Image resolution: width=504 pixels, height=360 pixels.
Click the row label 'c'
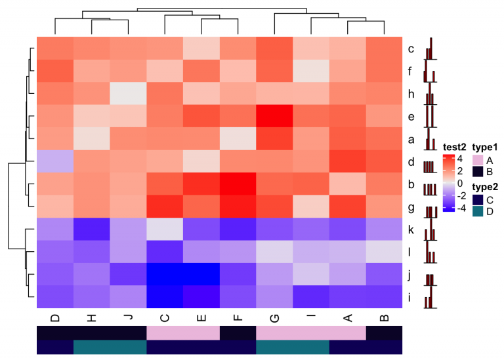(410, 49)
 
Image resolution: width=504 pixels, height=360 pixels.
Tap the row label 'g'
(410, 207)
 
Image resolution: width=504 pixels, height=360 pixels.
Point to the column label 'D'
(54, 318)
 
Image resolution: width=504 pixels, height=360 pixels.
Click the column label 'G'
(274, 318)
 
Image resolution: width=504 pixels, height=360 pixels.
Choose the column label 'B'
(383, 318)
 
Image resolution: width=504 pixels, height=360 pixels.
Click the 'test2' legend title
(454, 147)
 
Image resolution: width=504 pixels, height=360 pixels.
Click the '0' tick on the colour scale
(460, 183)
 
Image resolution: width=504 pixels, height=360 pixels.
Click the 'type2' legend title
(485, 186)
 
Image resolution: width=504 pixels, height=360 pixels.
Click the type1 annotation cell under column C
(164, 333)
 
